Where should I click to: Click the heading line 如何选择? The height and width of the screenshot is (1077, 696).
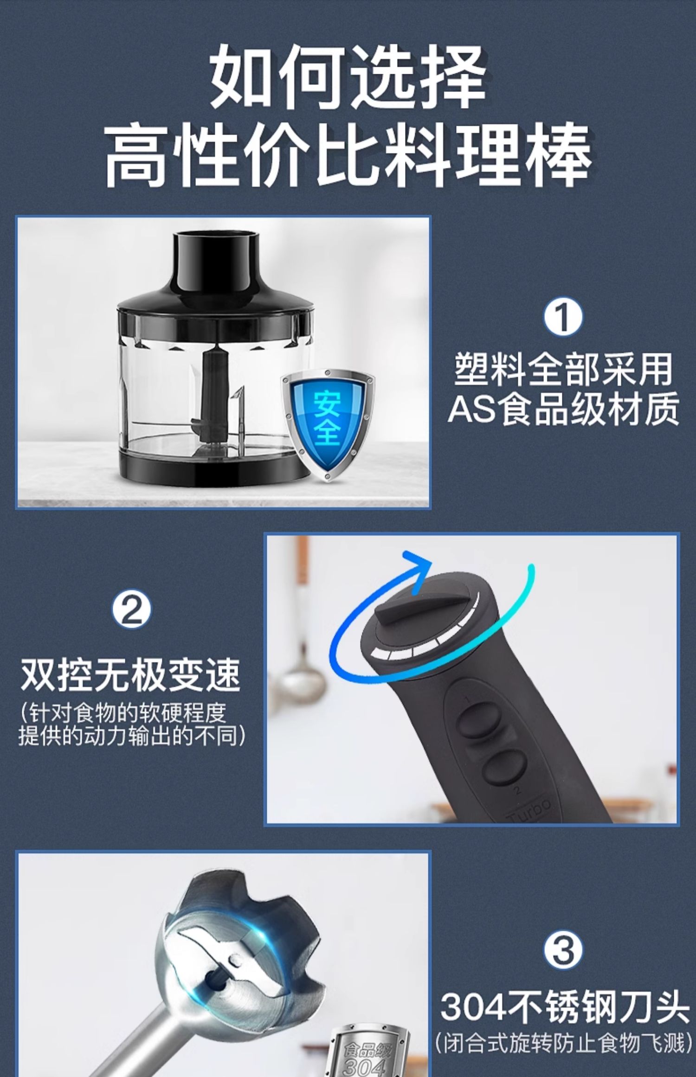(348, 77)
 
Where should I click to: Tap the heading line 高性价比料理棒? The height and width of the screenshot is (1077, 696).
(348, 155)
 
